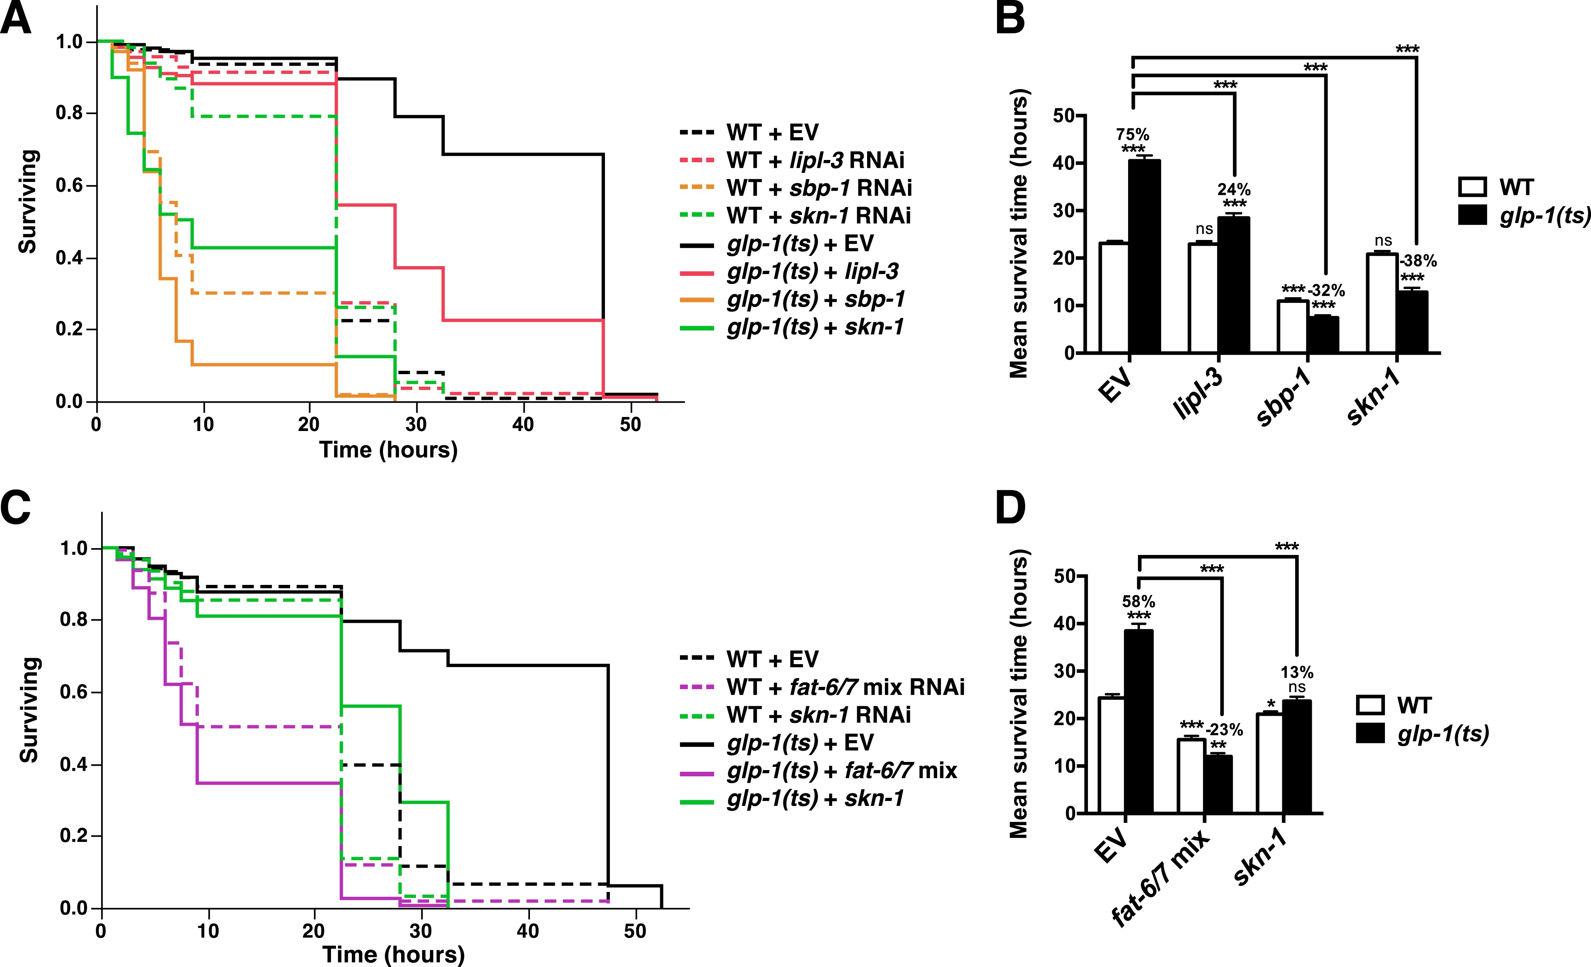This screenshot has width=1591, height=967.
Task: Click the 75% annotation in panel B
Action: click(1133, 134)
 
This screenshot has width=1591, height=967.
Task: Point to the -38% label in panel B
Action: click(1418, 261)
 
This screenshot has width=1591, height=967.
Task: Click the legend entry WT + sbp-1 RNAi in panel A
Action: click(819, 188)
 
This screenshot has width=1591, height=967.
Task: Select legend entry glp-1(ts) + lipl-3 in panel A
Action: click(812, 271)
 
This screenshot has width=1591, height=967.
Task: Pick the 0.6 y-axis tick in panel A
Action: click(69, 185)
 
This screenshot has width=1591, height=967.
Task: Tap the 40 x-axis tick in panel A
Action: click(523, 425)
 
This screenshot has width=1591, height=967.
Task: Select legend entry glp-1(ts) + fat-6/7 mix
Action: click(841, 771)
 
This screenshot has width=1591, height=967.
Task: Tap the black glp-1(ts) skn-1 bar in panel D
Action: click(1297, 756)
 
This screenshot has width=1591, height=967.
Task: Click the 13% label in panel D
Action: click(1297, 672)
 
